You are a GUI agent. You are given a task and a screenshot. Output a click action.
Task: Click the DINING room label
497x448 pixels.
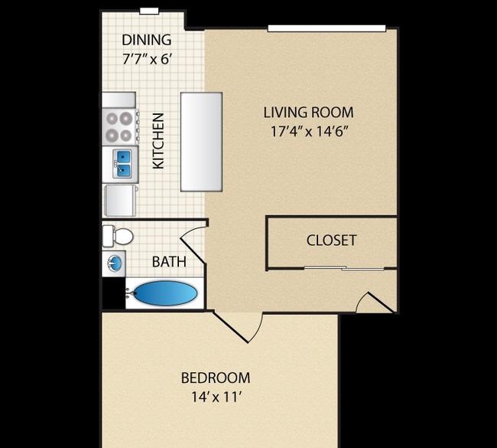point(147,40)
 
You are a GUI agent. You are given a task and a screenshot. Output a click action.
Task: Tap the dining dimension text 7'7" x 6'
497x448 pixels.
point(147,59)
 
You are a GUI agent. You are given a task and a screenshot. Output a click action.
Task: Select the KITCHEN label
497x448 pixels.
point(158,141)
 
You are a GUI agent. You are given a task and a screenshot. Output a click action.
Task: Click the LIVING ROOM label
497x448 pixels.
point(308,113)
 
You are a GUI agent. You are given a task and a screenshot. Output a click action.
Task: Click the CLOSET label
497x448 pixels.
point(331,240)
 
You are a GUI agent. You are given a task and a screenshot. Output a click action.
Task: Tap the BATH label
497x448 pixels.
point(169,262)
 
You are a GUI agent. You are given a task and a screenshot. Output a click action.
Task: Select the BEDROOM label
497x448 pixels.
point(216,378)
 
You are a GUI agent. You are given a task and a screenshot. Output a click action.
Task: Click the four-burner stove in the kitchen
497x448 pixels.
point(120,126)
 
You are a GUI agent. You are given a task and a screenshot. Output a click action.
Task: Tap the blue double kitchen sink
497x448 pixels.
point(124,164)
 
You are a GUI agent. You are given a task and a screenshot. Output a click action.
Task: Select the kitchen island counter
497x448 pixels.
point(201,142)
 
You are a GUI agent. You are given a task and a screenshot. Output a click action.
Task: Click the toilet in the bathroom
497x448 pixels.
point(118,236)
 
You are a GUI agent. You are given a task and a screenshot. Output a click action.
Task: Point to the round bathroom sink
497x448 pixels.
point(114,263)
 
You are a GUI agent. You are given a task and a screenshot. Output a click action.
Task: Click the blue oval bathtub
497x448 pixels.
point(165,293)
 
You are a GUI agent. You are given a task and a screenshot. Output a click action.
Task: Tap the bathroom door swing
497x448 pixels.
point(193,245)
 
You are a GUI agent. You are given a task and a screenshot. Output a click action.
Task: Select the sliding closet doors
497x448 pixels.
point(344,268)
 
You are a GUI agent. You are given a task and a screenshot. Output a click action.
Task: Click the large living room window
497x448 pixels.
point(326,28)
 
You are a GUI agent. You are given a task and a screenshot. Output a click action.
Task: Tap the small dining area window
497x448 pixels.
point(149,11)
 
